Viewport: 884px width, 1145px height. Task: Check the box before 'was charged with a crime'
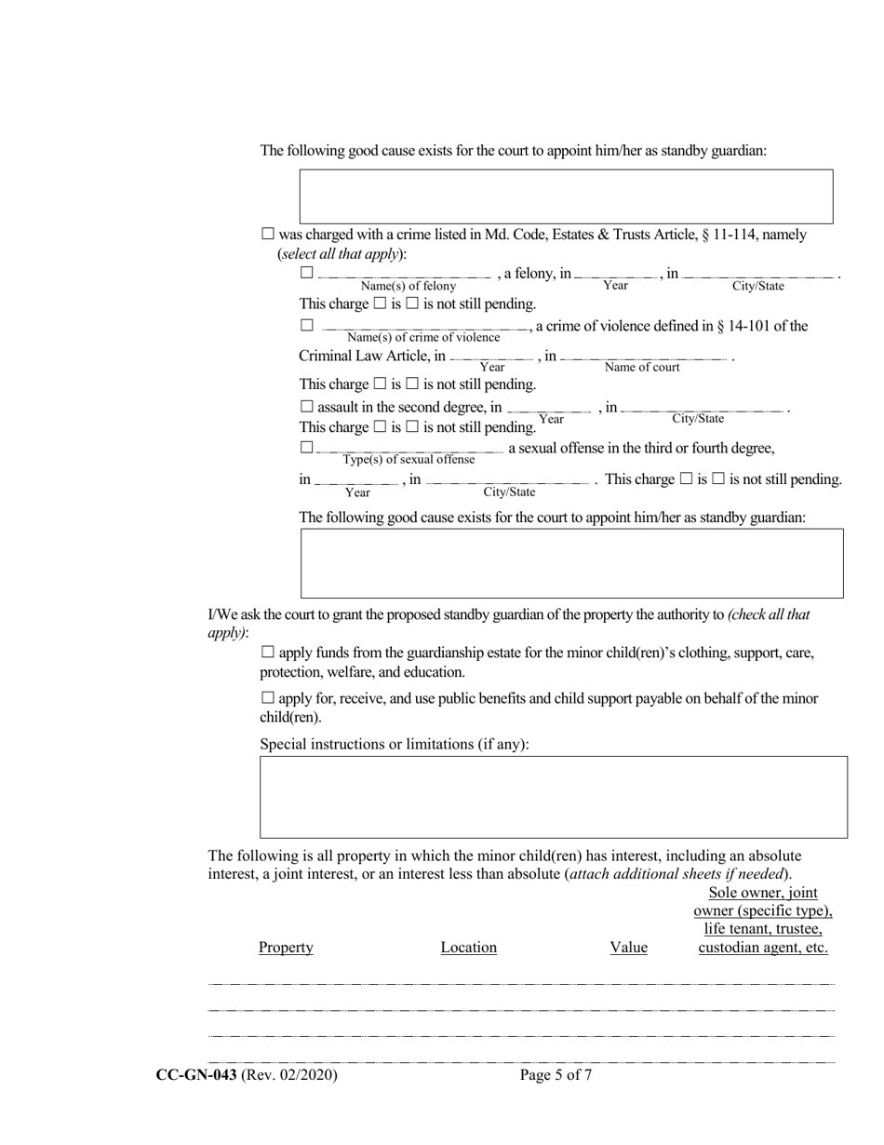[268, 235]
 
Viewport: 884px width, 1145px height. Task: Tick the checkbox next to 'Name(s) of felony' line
[307, 273]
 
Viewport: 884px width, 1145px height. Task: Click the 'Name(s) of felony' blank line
[404, 276]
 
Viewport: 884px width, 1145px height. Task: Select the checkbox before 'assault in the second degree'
[307, 407]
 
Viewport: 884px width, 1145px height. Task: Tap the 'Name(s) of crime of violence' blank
[424, 328]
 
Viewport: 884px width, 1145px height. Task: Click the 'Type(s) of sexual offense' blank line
[409, 451]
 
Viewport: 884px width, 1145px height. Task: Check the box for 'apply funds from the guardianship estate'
[268, 653]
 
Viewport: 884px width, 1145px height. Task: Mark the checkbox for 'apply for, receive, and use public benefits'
[268, 698]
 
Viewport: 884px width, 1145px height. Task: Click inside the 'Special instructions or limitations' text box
[553, 797]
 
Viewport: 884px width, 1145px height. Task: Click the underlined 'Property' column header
[286, 948]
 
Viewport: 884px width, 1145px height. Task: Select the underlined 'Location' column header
[468, 948]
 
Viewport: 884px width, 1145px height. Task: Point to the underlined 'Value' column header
[628, 948]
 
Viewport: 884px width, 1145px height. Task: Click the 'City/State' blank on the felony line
[759, 276]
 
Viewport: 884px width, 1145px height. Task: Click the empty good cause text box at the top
[566, 195]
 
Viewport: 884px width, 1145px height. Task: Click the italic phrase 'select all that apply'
[341, 253]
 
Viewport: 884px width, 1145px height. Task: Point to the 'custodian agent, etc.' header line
[762, 948]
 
